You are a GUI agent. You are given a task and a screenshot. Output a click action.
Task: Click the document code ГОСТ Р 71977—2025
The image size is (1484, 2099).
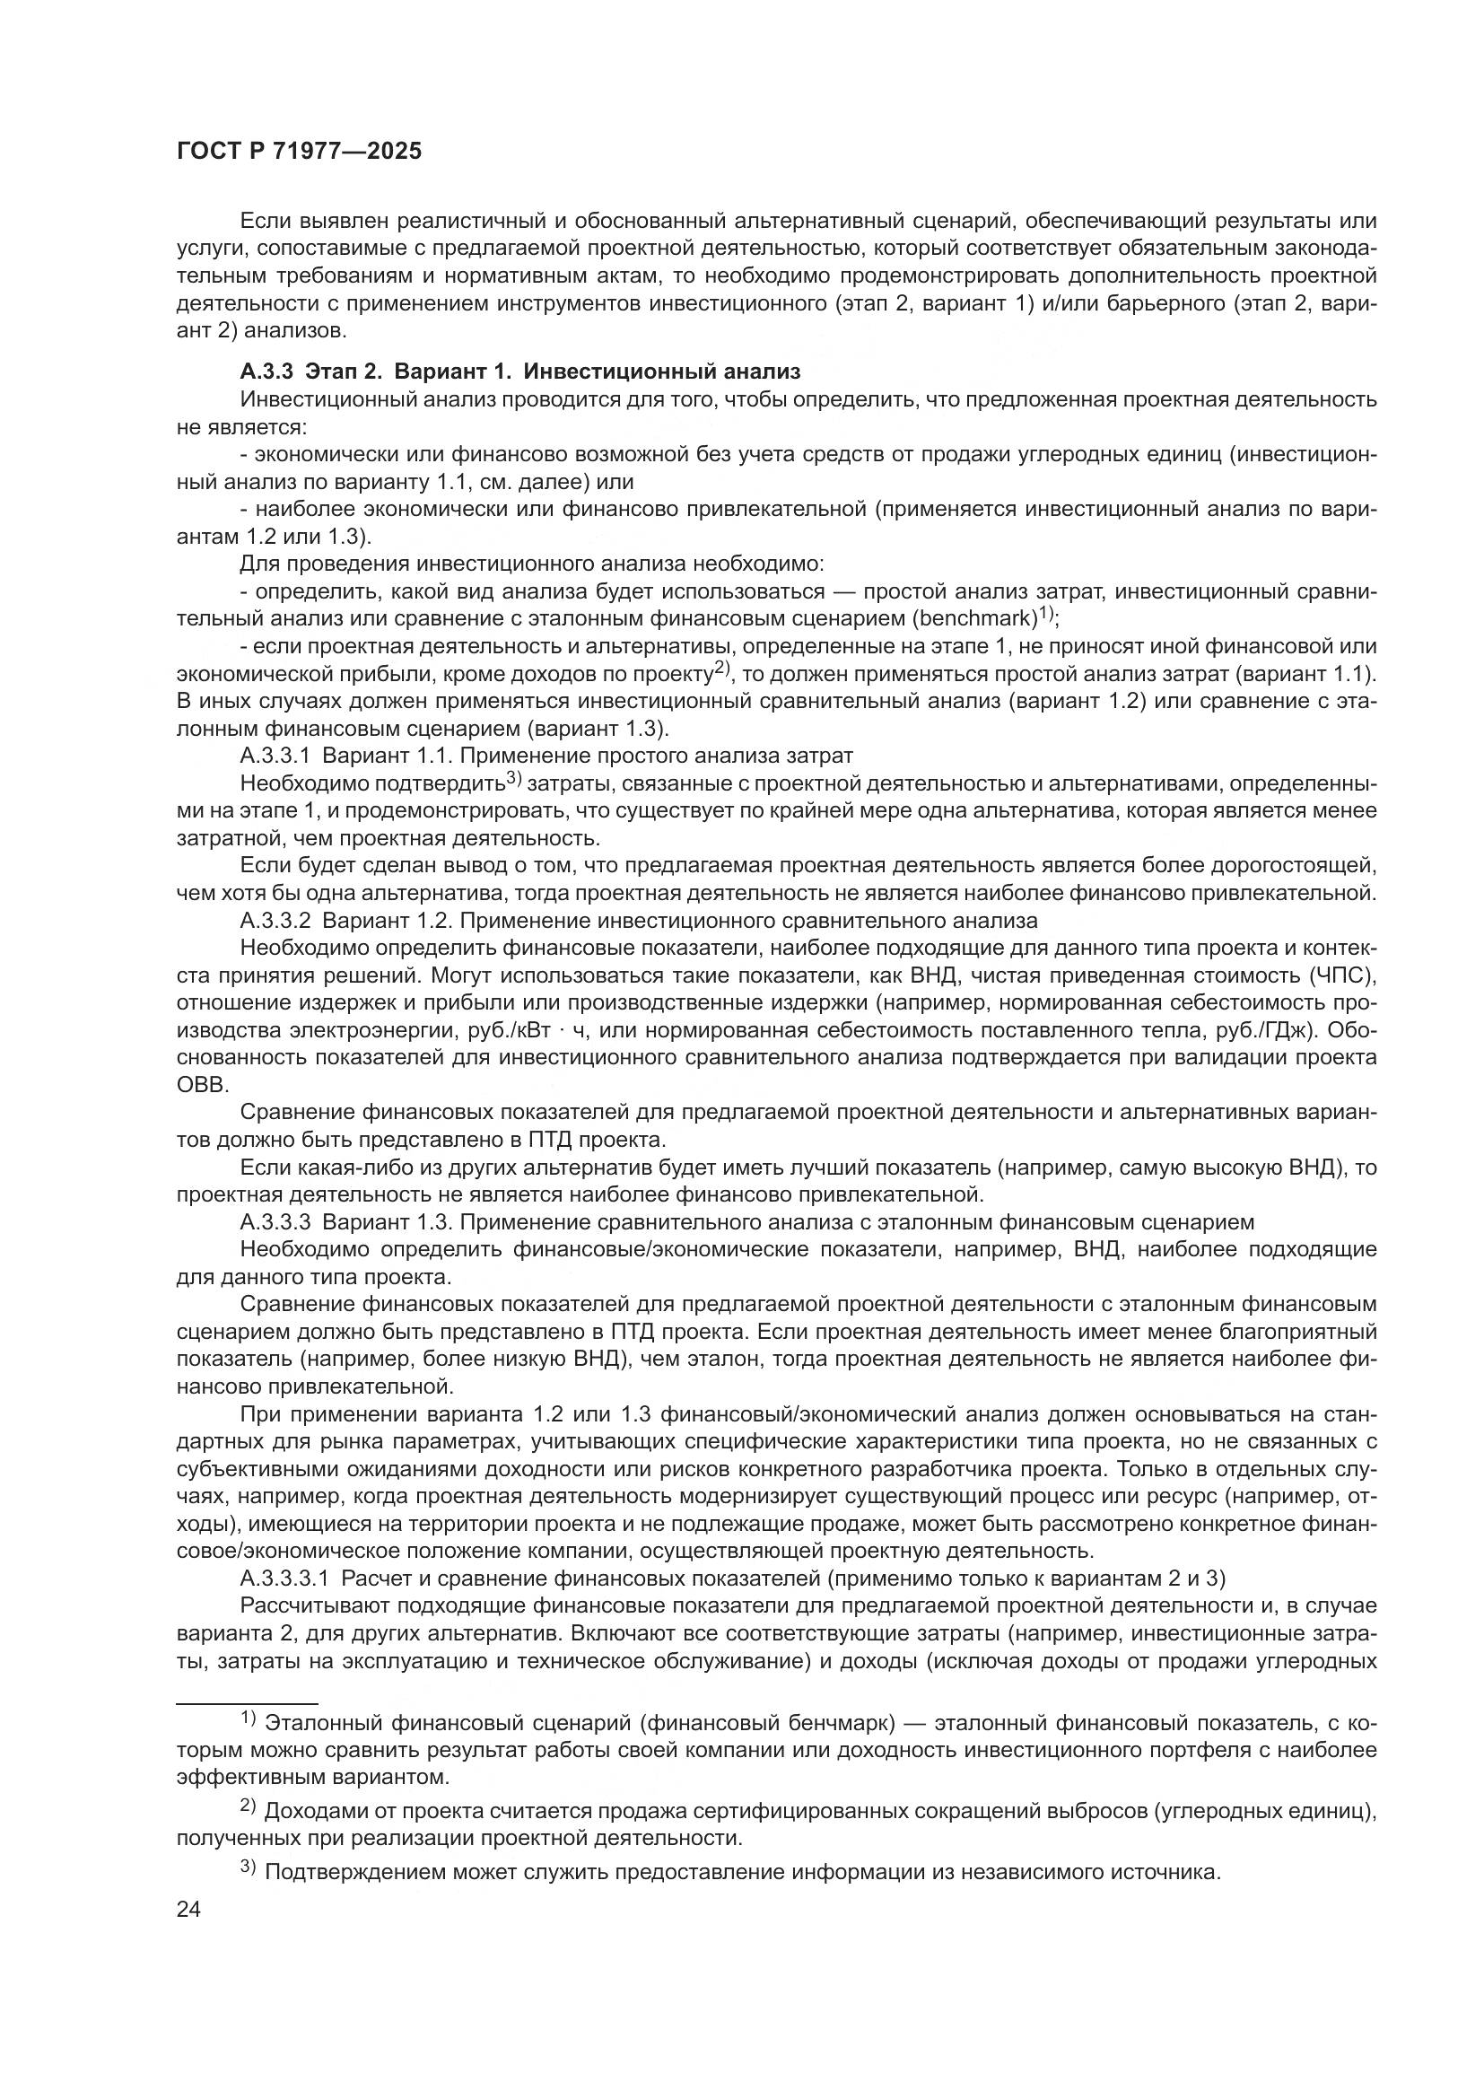(299, 151)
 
